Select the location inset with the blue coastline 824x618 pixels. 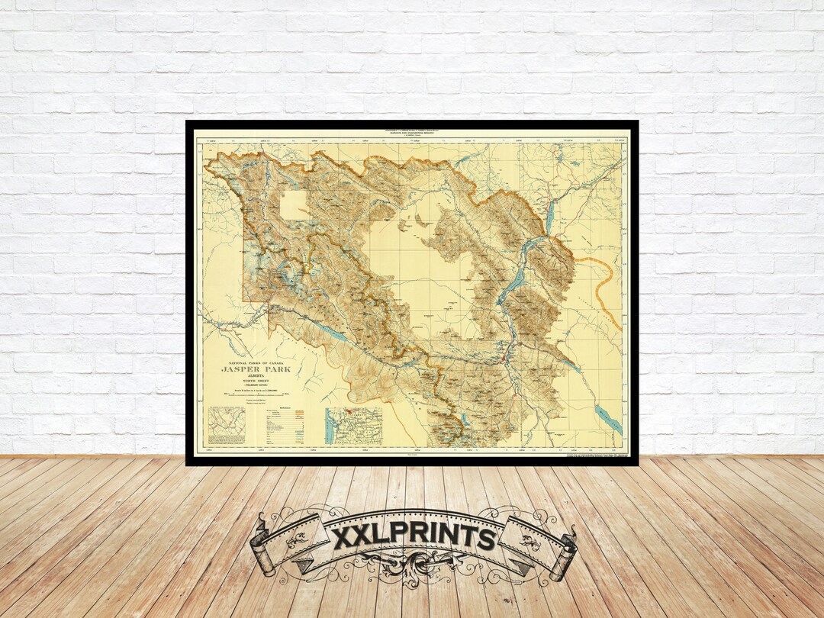[x=353, y=426]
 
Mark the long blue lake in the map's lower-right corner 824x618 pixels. [x=608, y=420]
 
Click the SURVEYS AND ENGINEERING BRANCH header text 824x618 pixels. [x=412, y=134]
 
